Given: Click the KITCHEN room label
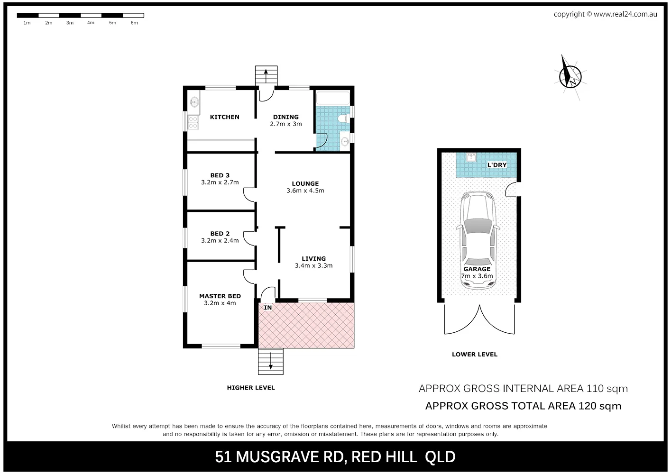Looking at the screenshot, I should [x=224, y=117].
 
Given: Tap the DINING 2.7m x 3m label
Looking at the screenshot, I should [x=286, y=120].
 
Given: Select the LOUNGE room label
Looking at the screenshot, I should [x=305, y=183].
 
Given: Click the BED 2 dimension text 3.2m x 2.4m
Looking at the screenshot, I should [x=220, y=241].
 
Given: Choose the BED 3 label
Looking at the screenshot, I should [x=220, y=175].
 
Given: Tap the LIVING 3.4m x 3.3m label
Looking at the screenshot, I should [x=313, y=262].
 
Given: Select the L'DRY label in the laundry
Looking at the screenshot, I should [x=497, y=165].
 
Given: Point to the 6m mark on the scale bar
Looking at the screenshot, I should [x=134, y=23].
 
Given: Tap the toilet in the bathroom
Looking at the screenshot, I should [x=345, y=120].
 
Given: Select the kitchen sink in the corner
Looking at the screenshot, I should [x=194, y=101].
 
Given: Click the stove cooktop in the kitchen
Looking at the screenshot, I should [x=193, y=123].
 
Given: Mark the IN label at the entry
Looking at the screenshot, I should [x=268, y=308].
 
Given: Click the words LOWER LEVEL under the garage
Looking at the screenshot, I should [x=475, y=354].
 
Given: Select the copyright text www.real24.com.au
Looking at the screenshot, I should [x=625, y=14].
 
